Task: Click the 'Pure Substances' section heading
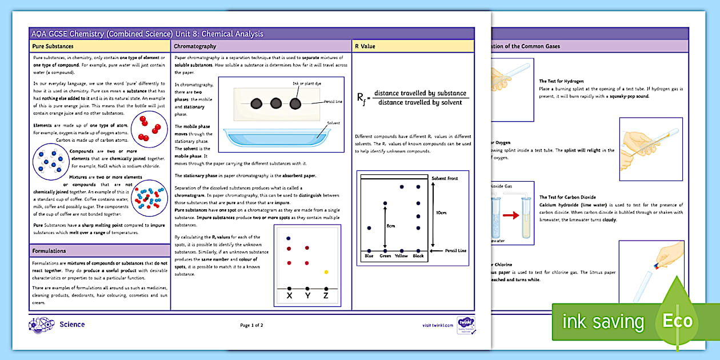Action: point(53,46)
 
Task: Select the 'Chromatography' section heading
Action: point(195,46)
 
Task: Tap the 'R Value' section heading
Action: point(365,46)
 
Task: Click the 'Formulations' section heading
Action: point(49,251)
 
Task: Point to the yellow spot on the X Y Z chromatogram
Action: point(326,272)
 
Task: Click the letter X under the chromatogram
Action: point(289,297)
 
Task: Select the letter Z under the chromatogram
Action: point(326,297)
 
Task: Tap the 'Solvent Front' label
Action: point(445,179)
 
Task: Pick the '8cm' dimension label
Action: point(391,226)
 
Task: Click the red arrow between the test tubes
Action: point(511,215)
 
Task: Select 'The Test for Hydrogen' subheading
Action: point(561,82)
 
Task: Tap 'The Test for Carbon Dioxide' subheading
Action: point(567,197)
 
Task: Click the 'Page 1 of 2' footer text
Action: point(251,325)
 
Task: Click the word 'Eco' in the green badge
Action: point(677,321)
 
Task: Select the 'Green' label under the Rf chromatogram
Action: point(385,255)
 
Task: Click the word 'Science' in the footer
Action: point(72,325)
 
